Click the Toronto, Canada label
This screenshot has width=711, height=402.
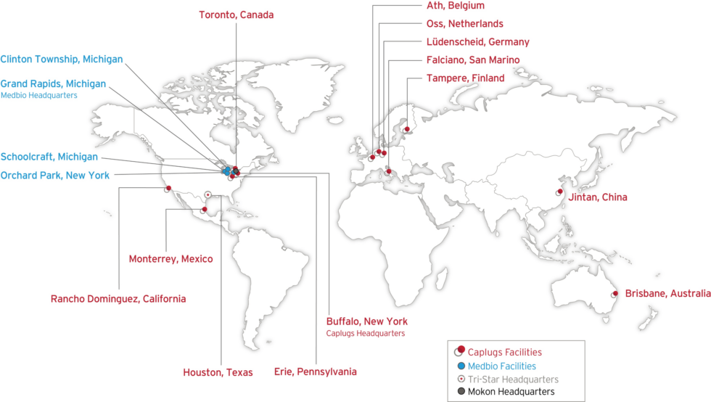[237, 15]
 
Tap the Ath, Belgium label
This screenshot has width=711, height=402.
[456, 6]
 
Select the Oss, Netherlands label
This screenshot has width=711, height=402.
[464, 24]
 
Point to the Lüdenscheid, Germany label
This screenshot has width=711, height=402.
[477, 42]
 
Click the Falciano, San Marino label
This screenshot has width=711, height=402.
[473, 60]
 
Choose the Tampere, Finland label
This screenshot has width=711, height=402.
[465, 78]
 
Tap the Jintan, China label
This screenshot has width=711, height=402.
[599, 197]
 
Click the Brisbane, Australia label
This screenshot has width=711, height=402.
[667, 293]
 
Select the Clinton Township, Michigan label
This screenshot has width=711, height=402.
[62, 59]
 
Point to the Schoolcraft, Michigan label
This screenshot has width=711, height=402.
[49, 157]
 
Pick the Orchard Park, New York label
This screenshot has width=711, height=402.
[55, 175]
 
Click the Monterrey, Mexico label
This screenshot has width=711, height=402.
[170, 259]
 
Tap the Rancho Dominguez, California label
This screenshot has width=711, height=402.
[118, 298]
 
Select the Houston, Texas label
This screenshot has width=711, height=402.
[218, 372]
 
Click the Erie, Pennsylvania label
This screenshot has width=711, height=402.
[315, 372]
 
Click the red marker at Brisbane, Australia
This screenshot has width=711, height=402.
[615, 293]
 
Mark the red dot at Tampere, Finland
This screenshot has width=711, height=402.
[407, 130]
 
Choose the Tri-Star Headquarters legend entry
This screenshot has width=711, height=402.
[513, 379]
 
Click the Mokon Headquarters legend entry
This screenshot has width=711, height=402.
[511, 392]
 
